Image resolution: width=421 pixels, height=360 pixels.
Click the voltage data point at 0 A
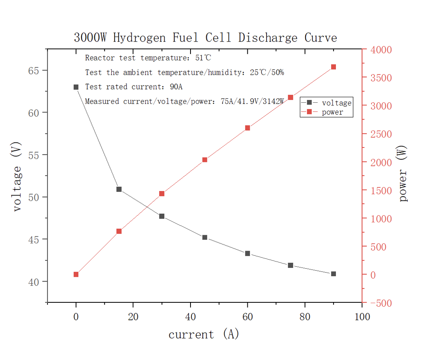pos(76,87)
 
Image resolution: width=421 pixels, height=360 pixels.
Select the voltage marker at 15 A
pos(119,189)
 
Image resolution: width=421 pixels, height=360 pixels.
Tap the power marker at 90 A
pos(334,67)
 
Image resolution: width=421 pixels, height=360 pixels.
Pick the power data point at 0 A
pos(76,275)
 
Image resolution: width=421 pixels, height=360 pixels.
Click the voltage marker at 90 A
pos(334,274)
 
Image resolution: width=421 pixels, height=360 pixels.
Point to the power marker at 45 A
pos(205,160)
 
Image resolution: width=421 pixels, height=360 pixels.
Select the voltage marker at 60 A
pos(247,254)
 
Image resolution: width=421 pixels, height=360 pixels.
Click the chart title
pos(205,38)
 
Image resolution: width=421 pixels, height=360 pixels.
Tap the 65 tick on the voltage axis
pos(34,71)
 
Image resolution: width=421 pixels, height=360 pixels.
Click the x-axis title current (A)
pos(203,335)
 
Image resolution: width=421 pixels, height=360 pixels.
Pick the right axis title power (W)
pos(403,173)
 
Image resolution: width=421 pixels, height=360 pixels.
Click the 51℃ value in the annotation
pos(203,58)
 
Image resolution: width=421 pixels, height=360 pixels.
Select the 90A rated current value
pos(176,87)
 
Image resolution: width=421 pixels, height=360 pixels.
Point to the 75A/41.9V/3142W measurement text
pos(252,101)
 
